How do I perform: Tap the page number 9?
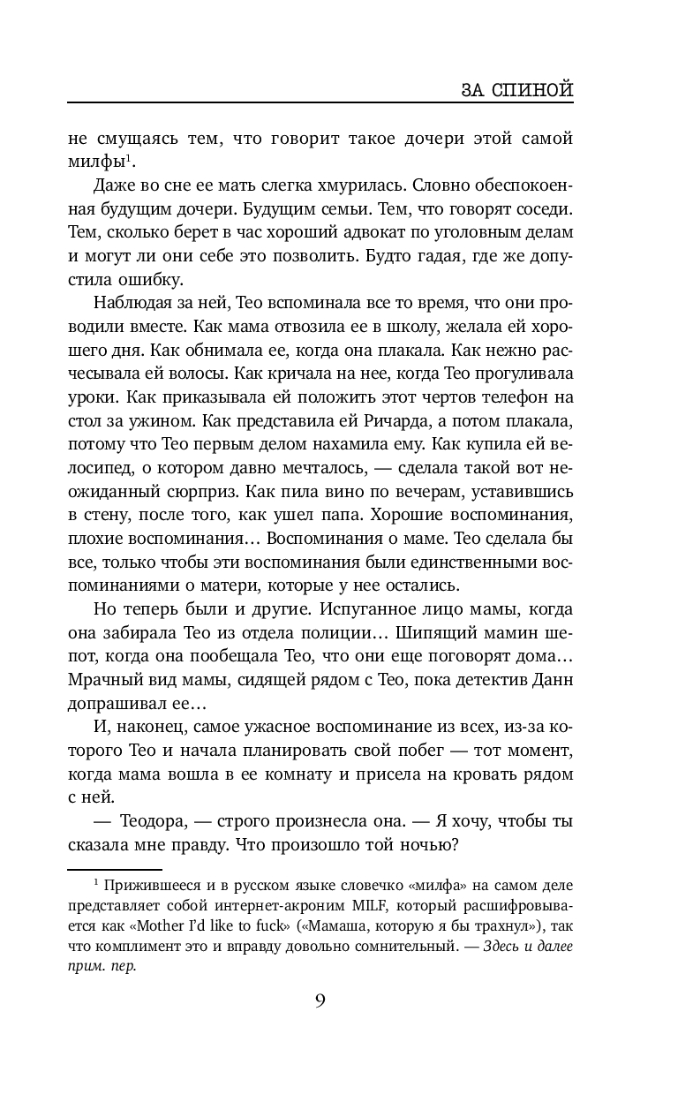[320, 1000]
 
